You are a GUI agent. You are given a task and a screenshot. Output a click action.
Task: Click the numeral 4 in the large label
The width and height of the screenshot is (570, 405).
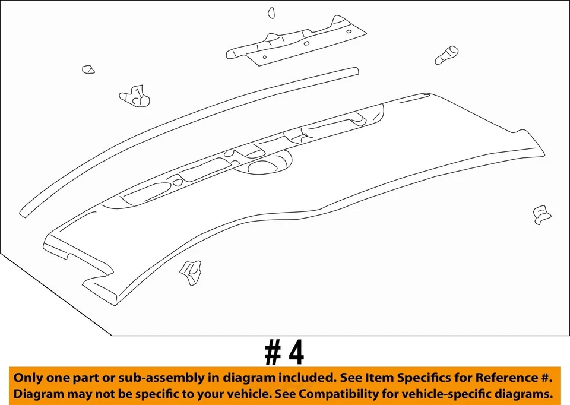point(295,353)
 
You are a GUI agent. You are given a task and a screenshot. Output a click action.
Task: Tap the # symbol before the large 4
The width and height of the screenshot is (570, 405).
point(273,353)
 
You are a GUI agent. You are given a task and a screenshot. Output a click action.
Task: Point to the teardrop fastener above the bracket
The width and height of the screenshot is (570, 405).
point(271,12)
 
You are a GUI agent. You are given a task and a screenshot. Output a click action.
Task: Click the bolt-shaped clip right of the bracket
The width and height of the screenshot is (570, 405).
point(446,55)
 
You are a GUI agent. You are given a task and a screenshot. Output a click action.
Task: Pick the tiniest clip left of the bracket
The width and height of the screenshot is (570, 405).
point(88,69)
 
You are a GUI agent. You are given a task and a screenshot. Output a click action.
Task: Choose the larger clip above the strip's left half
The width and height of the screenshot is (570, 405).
point(135,96)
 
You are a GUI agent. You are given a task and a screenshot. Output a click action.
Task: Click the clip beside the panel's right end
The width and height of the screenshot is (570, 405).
point(542,214)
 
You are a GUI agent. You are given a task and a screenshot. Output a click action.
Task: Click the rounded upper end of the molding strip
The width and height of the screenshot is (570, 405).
point(355,71)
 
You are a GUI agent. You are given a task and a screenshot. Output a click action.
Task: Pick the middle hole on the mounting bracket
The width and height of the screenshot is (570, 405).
point(306,43)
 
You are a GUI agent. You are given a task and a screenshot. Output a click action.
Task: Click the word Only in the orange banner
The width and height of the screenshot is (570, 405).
point(27,378)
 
